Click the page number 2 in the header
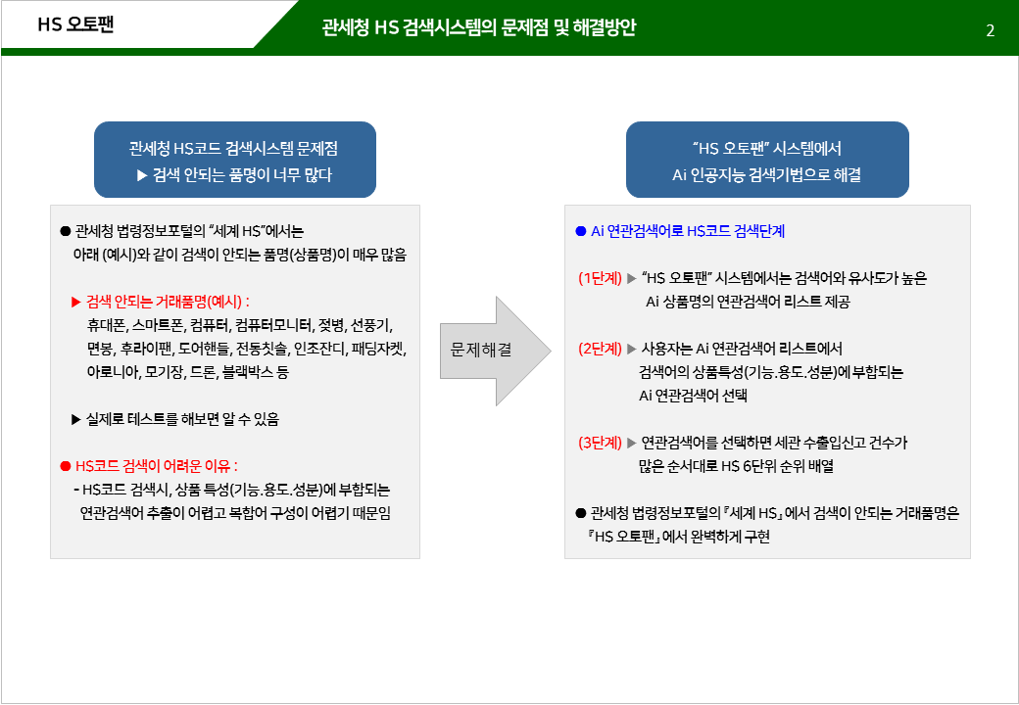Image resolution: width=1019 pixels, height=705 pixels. tap(990, 30)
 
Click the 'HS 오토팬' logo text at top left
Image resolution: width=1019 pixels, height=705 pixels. tap(75, 24)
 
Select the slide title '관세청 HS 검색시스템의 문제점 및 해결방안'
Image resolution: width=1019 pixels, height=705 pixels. tap(479, 28)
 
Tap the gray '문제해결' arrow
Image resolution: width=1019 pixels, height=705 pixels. tap(495, 351)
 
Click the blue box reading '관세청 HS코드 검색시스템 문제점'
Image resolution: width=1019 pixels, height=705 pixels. tap(234, 160)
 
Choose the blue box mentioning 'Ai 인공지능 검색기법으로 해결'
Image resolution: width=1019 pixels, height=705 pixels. tap(767, 160)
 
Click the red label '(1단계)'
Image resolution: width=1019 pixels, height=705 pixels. tap(600, 278)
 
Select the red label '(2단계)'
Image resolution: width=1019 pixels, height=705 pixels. tap(600, 349)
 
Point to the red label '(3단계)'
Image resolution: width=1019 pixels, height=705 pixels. tap(600, 443)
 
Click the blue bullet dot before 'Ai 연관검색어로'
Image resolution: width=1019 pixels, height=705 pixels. tap(581, 231)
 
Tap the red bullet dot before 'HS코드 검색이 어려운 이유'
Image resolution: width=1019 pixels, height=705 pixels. tap(65, 466)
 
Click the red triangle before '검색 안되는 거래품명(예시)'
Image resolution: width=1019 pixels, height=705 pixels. tap(75, 302)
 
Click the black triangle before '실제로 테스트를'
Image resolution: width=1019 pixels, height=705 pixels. tap(75, 419)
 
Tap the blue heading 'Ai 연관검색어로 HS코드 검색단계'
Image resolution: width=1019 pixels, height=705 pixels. tap(688, 231)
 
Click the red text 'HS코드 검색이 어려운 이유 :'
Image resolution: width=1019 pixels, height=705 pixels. tap(157, 466)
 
